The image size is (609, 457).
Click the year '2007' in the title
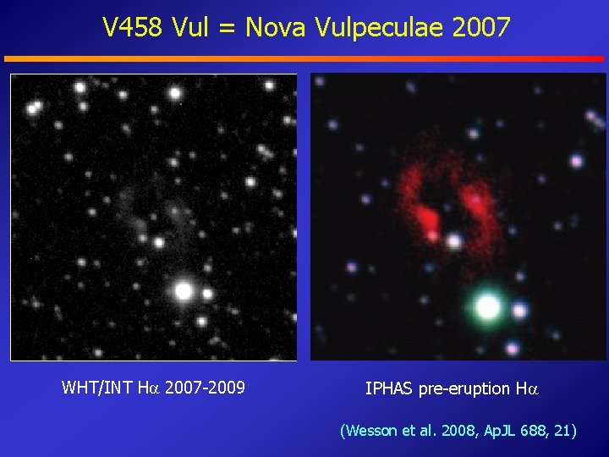[x=481, y=28]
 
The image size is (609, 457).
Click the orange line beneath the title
[x=304, y=58]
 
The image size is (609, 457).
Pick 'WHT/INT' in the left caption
[x=95, y=388]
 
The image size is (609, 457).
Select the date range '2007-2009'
[x=205, y=388]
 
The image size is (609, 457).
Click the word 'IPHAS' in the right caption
[x=389, y=388]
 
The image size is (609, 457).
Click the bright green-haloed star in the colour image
[x=487, y=306]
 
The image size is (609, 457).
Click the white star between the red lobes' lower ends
[x=454, y=241]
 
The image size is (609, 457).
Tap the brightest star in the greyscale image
[x=184, y=291]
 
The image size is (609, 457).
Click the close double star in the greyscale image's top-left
[x=35, y=107]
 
